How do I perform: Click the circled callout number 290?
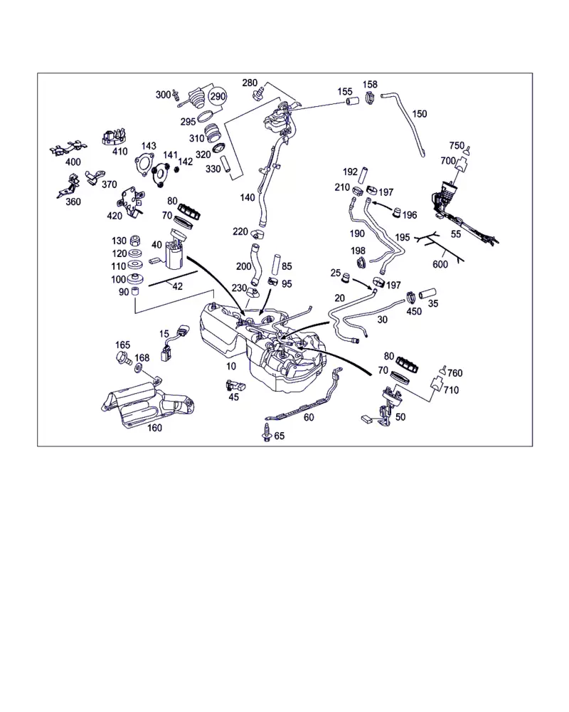(217, 97)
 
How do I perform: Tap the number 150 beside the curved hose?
(420, 114)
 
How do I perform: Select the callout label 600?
(440, 264)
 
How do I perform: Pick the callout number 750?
(457, 145)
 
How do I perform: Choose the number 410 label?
(119, 151)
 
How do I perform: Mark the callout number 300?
(163, 95)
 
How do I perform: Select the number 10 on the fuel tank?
(230, 366)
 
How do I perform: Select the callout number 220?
(240, 231)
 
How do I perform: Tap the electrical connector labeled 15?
(171, 349)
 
